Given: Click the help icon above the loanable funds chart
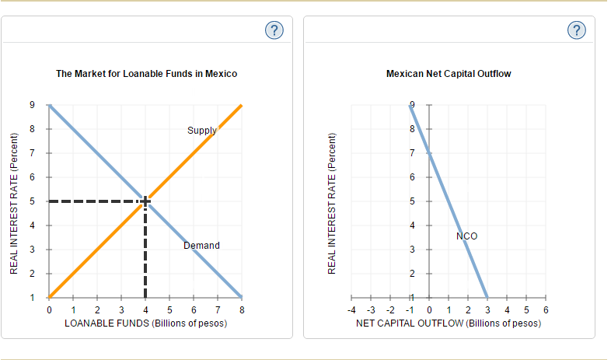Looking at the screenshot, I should tap(274, 30).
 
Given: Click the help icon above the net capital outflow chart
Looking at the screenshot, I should tap(575, 30).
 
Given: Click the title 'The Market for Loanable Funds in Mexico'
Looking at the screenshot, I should tap(147, 74).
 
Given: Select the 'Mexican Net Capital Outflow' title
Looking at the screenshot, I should tap(449, 74).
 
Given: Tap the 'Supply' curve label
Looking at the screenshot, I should tap(201, 131).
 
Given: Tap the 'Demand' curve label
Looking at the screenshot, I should tap(201, 246).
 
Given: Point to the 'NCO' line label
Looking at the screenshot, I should tap(467, 236).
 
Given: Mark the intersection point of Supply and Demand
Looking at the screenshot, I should tap(145, 201).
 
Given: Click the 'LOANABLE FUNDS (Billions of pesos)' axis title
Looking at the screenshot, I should tap(145, 323).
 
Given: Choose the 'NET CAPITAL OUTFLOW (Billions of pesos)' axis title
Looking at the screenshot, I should tap(449, 323).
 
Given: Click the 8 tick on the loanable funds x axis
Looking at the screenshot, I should tap(243, 310).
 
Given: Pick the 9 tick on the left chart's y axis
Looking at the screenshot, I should tap(32, 105).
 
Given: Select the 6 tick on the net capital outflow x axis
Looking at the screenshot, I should tap(546, 310).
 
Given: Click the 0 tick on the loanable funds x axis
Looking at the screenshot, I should tap(49, 310).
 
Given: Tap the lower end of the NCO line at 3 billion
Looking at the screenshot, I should tap(487, 297).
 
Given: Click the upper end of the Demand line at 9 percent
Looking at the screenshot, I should tap(50, 105).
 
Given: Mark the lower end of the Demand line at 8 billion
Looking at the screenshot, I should tap(242, 297).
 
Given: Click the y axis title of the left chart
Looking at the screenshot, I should tap(13, 201).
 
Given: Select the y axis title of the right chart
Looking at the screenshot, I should tap(332, 201).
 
